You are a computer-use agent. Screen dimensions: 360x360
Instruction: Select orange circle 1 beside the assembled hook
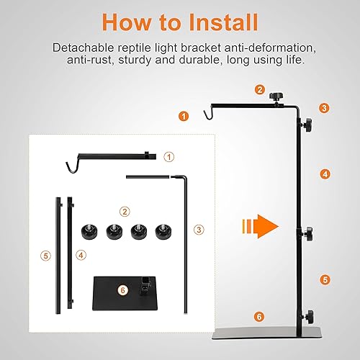click(x=184, y=115)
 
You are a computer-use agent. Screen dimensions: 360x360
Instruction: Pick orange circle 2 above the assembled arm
click(x=259, y=89)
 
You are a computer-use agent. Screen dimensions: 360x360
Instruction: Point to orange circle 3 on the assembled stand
click(x=325, y=108)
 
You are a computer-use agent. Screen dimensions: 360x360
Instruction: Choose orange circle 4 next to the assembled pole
click(x=325, y=174)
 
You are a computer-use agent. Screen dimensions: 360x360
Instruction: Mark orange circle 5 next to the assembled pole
click(x=325, y=279)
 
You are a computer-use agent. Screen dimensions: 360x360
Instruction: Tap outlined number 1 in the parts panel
click(x=168, y=156)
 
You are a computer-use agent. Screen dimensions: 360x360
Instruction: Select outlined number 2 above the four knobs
click(x=125, y=212)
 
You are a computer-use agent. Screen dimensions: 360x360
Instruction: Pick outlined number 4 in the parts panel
click(x=81, y=254)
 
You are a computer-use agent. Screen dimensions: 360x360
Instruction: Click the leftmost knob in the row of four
click(x=90, y=232)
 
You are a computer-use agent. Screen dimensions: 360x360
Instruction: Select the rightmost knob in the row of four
click(x=162, y=232)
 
